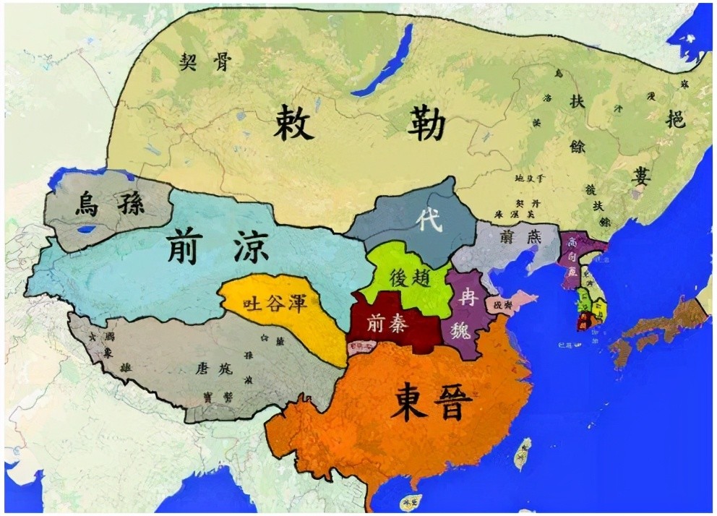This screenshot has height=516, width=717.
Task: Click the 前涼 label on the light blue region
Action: click(216, 246)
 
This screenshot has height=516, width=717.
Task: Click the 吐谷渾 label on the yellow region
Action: click(278, 302)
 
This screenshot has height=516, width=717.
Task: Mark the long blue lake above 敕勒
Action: click(383, 62)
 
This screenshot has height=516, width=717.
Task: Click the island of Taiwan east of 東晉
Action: click(522, 454)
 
